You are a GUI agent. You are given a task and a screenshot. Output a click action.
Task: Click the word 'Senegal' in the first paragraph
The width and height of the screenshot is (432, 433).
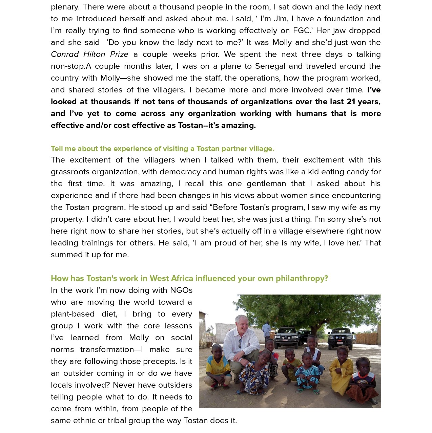coord(270,66)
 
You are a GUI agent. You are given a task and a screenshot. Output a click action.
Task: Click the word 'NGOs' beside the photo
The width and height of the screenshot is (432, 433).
coord(181,290)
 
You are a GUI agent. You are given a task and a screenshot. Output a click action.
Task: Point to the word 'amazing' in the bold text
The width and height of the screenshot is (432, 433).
coord(238,125)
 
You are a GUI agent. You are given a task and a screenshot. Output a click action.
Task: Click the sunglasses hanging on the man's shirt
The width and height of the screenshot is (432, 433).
coord(240,343)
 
